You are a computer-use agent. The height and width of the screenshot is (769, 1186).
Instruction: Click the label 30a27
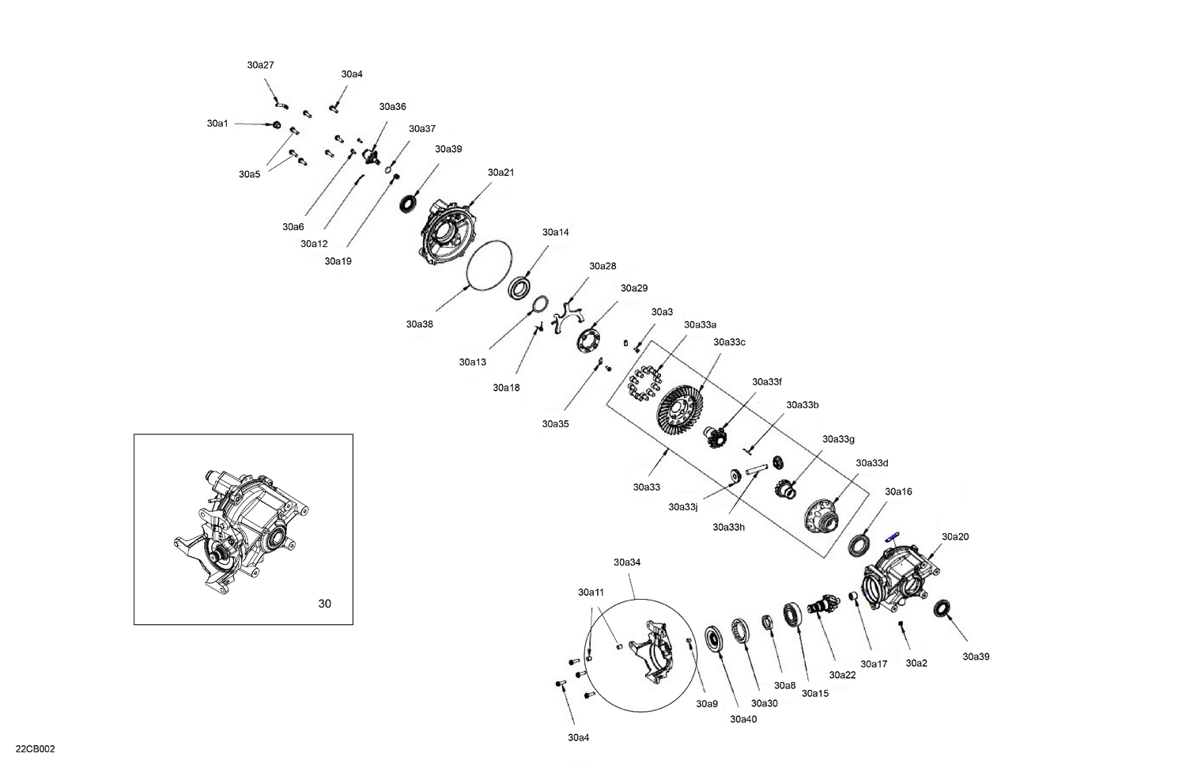(260, 66)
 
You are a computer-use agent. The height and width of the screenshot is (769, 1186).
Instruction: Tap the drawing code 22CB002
(35, 749)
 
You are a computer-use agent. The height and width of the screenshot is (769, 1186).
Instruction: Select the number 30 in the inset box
(324, 604)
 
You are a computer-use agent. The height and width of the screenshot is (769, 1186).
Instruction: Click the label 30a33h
(728, 527)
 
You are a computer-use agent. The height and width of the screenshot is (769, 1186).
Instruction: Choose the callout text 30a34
(627, 563)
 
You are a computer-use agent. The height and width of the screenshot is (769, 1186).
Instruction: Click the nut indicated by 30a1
(276, 125)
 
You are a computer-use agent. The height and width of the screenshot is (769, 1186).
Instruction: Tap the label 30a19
(338, 261)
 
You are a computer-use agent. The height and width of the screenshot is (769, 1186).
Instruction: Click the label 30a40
(743, 719)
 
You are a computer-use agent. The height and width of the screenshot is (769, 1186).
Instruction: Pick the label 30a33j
(682, 507)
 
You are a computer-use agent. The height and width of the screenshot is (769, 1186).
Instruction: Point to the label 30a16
(898, 491)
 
